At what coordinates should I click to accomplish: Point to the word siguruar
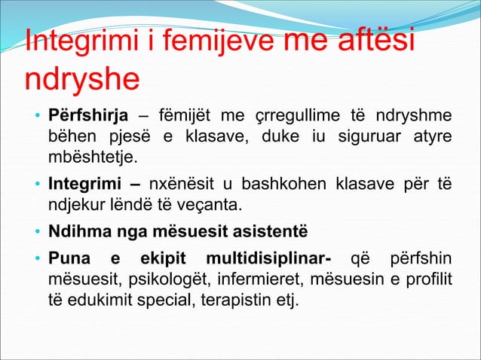point(364,138)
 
